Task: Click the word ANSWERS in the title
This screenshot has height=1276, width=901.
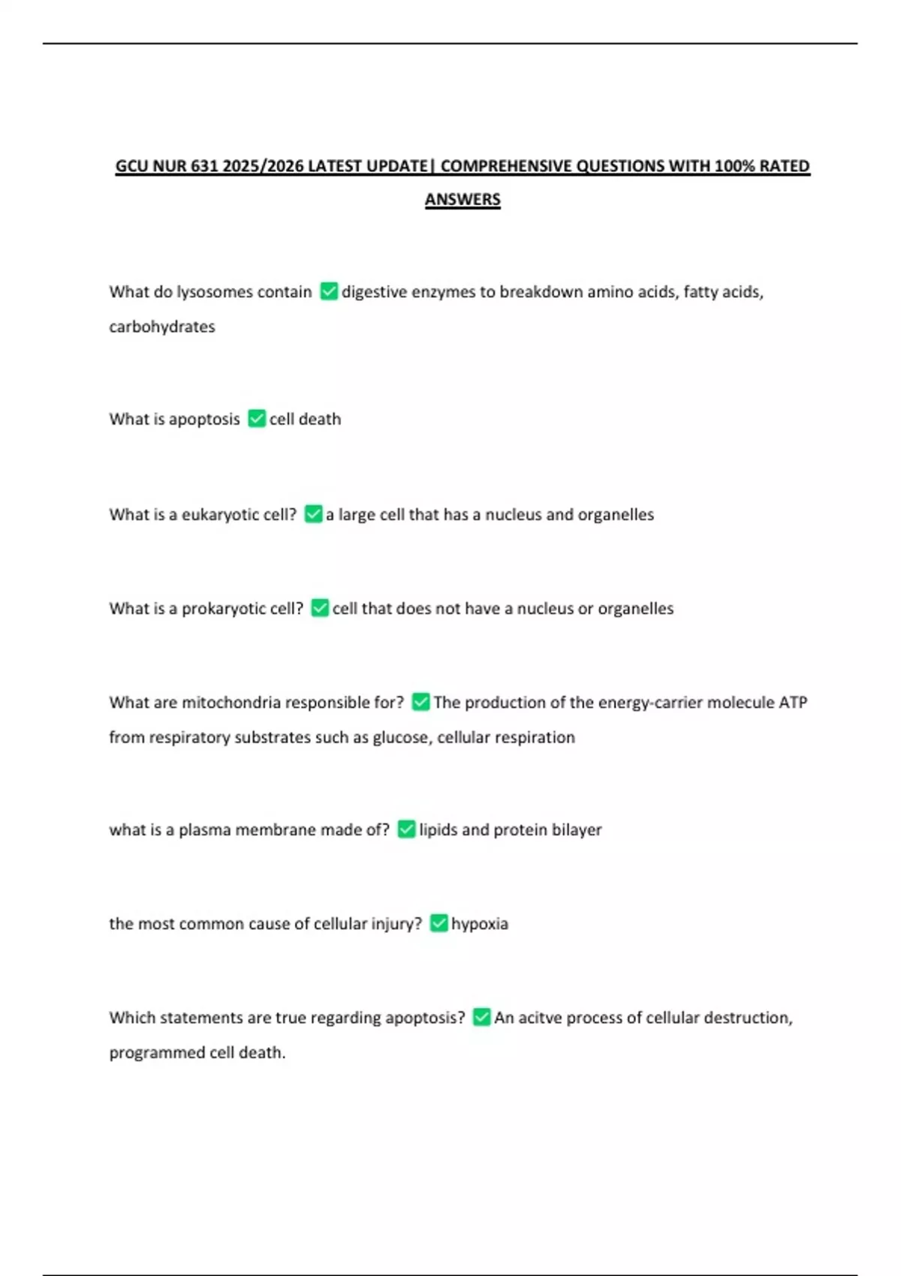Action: point(463,200)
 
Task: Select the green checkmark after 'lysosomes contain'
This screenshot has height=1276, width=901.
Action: point(329,291)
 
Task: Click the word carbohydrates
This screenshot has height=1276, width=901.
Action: point(162,327)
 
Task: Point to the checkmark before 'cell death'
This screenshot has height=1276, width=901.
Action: point(257,418)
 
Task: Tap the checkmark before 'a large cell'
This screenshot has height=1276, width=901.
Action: point(313,514)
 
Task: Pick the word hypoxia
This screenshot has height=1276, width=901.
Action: point(479,923)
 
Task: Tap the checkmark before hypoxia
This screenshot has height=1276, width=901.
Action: point(438,923)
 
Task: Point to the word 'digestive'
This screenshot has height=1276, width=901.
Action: point(374,291)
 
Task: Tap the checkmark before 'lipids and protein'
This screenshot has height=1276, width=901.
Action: point(406,829)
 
